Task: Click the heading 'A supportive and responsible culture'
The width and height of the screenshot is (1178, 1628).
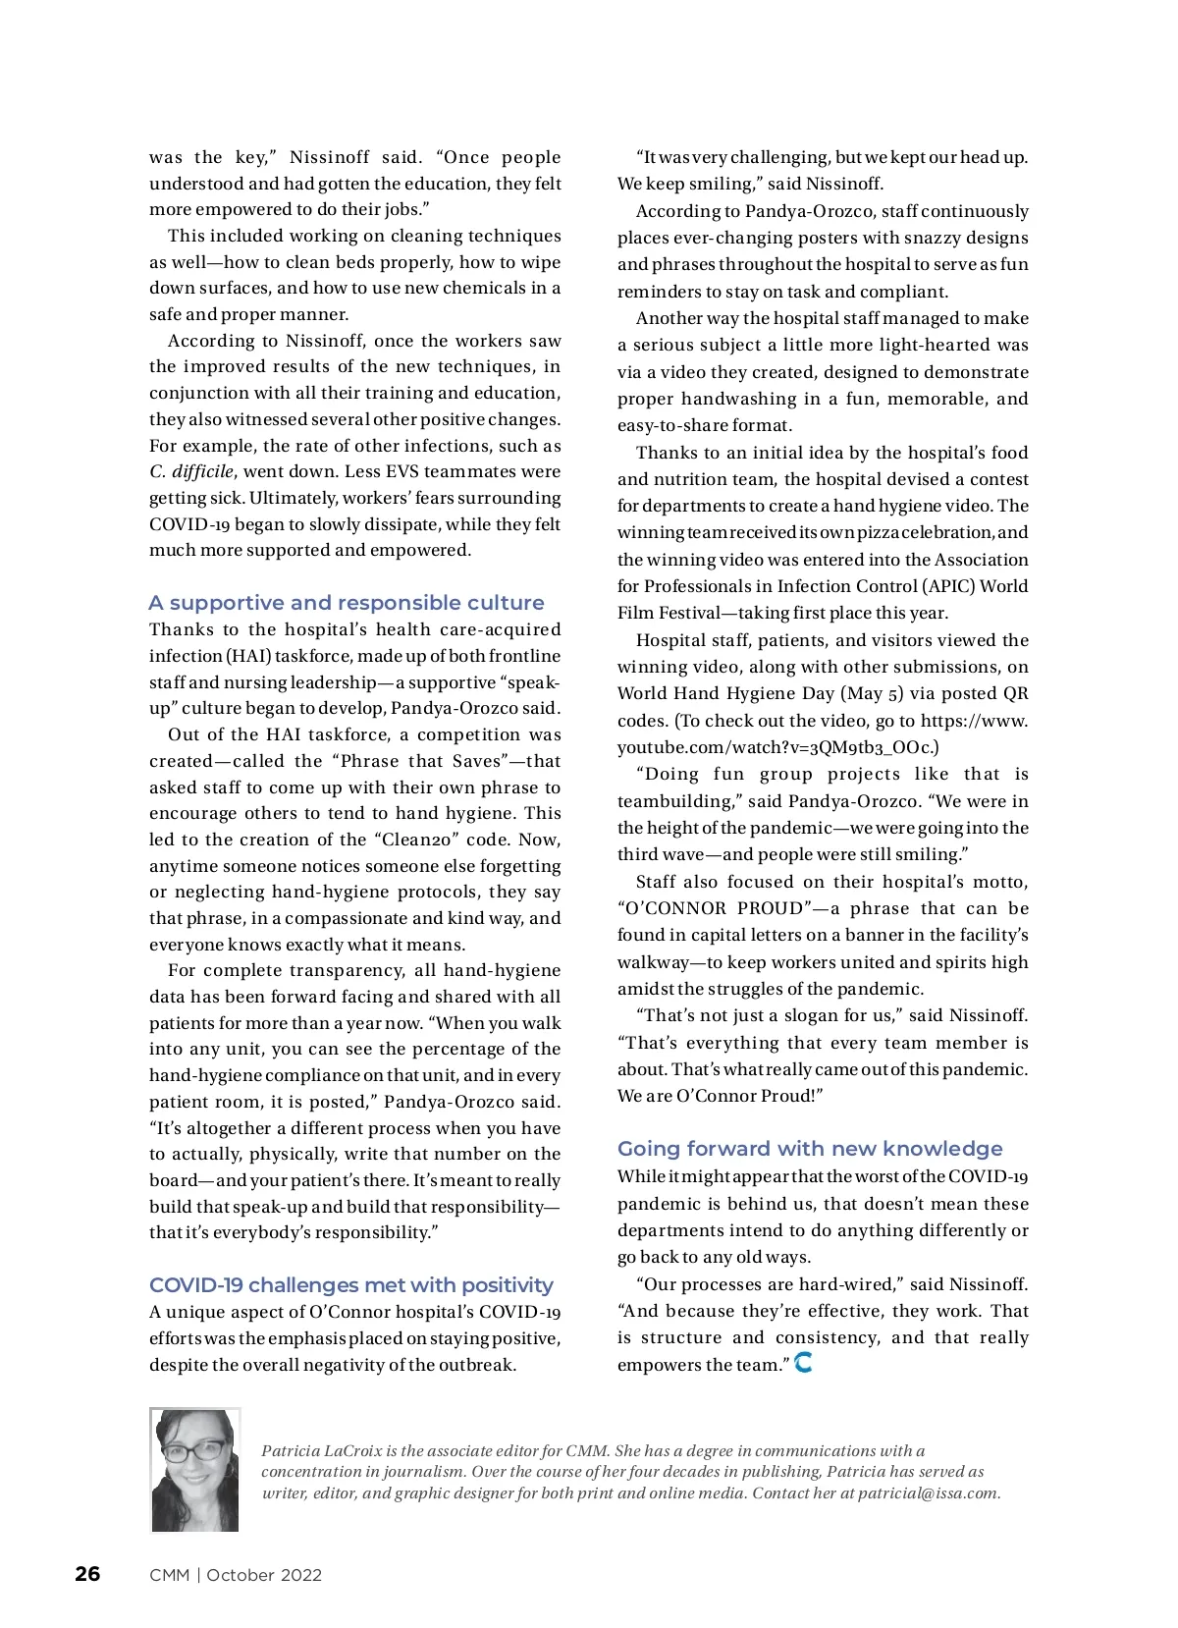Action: tap(347, 603)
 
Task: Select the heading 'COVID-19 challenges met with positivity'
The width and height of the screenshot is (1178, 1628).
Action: tap(351, 1285)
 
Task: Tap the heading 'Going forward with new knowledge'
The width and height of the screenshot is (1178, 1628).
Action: tap(810, 1149)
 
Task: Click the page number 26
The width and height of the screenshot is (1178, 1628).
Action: tap(87, 1574)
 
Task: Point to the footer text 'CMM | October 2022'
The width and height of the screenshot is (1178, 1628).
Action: tap(236, 1575)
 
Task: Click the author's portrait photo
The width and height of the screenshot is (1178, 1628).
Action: tap(194, 1469)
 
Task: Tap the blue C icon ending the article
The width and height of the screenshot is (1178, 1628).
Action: tap(803, 1363)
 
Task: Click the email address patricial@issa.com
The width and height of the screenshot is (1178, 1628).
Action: tap(928, 1493)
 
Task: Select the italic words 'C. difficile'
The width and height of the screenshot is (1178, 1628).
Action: tap(191, 472)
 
